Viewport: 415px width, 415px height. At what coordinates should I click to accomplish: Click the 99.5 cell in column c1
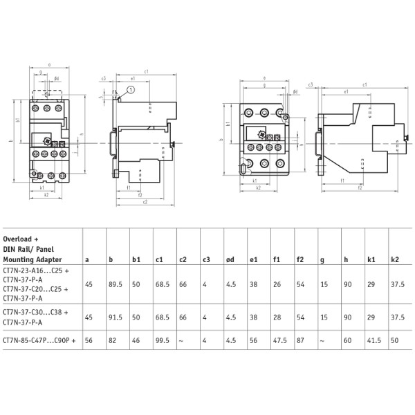163,342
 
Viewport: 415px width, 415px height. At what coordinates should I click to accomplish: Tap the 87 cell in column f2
301,342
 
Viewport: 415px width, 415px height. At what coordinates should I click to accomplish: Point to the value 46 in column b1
136,342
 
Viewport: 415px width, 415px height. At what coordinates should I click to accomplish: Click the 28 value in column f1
276,317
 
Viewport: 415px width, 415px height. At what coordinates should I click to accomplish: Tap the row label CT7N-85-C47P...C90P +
39,342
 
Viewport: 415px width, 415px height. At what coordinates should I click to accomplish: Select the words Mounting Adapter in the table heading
31,259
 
